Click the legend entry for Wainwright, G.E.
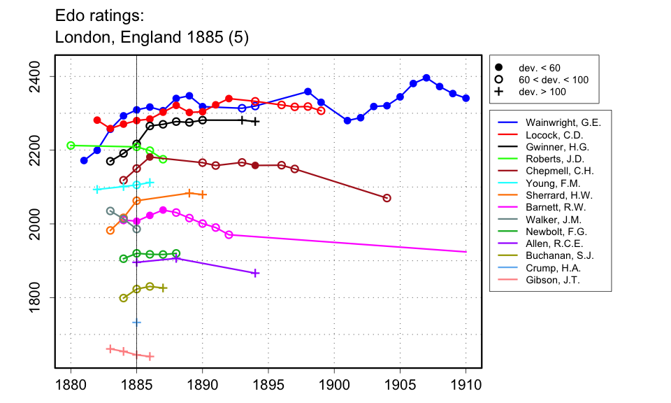[563, 122]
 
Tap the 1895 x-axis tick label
[268, 384]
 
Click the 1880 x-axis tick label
[71, 384]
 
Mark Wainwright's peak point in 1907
[426, 78]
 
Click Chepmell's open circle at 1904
[387, 198]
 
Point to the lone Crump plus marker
[136, 322]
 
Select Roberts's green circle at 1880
[71, 146]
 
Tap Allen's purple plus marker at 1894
[255, 273]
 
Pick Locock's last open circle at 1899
[321, 111]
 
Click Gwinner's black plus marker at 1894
[255, 122]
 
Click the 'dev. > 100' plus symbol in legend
[498, 92]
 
